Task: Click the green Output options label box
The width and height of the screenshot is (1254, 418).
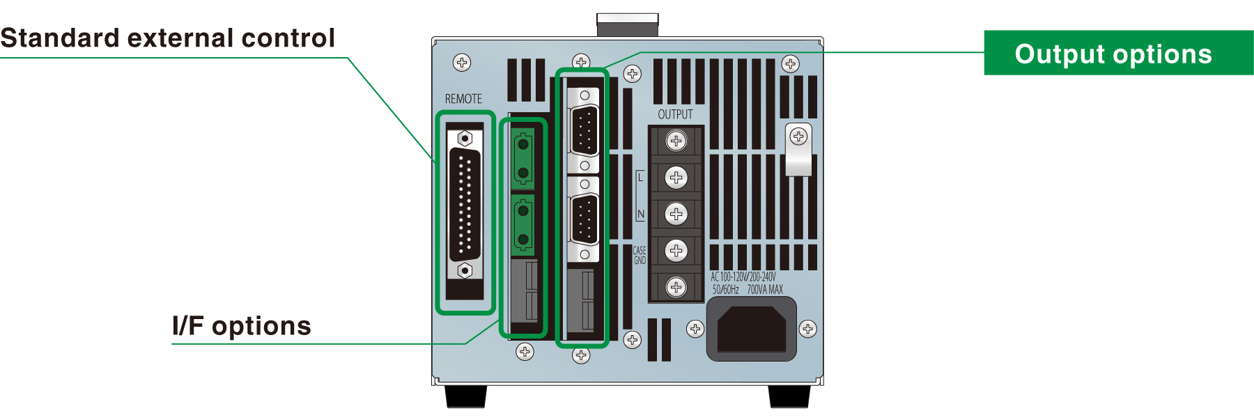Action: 1117,53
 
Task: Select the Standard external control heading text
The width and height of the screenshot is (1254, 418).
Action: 168,38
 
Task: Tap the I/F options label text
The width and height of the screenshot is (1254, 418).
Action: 242,325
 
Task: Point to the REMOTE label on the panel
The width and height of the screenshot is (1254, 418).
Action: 463,99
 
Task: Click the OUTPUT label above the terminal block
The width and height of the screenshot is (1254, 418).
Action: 675,114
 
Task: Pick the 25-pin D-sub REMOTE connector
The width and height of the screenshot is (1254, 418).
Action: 465,205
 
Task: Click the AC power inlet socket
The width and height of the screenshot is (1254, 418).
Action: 752,330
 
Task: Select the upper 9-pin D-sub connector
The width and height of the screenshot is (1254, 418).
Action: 585,130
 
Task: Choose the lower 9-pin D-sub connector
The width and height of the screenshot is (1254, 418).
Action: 585,219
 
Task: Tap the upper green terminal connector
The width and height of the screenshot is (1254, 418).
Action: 522,158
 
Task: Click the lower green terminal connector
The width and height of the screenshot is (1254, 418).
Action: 522,224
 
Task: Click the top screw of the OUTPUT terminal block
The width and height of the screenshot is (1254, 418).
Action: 676,141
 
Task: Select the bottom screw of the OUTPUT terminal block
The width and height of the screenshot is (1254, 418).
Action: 676,286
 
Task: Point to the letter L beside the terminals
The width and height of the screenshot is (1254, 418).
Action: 641,178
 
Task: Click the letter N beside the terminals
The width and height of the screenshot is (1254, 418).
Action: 641,215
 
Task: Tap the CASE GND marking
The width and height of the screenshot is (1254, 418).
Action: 640,256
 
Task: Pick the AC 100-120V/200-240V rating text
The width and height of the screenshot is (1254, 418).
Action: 743,277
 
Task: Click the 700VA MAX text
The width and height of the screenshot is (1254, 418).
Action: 765,290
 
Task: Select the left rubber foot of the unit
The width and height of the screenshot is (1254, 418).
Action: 465,396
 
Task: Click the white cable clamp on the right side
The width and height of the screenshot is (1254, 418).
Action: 798,150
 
